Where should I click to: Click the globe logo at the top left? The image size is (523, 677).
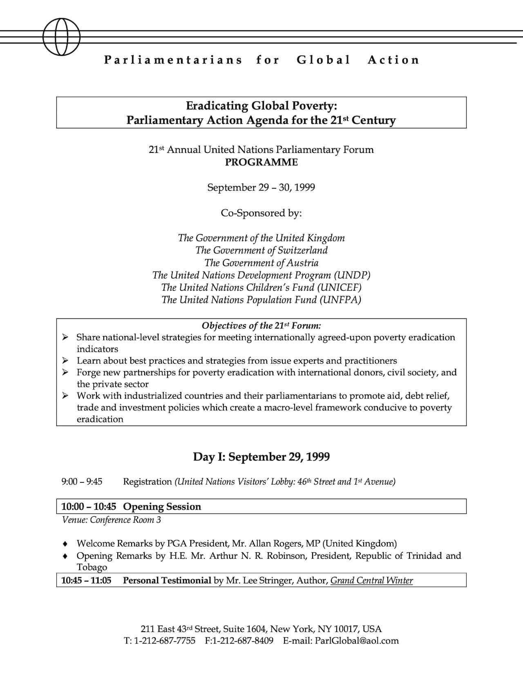click(x=61, y=36)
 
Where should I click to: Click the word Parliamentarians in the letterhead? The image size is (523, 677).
click(x=173, y=60)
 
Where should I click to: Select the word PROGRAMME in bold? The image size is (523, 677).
click(x=261, y=162)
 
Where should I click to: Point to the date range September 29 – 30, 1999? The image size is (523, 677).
click(x=261, y=188)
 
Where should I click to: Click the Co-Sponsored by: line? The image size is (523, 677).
click(x=261, y=213)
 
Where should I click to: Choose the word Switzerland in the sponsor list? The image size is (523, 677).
click(x=303, y=250)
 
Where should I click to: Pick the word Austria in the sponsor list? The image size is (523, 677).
click(x=303, y=263)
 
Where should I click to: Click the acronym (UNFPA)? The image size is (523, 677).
click(x=340, y=300)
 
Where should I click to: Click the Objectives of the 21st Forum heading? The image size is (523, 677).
click(x=261, y=326)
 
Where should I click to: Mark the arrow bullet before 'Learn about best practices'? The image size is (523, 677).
click(x=65, y=361)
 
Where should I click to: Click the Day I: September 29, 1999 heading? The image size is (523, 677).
click(x=261, y=457)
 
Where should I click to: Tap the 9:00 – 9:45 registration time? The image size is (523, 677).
click(x=82, y=482)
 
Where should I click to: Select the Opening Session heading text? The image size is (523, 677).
click(x=162, y=507)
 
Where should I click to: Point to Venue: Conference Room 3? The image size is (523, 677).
click(x=111, y=520)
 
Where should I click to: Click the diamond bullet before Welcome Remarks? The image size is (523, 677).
click(x=65, y=544)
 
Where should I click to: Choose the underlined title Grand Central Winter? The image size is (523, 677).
click(x=371, y=581)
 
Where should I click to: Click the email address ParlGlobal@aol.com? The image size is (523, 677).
click(x=357, y=641)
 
